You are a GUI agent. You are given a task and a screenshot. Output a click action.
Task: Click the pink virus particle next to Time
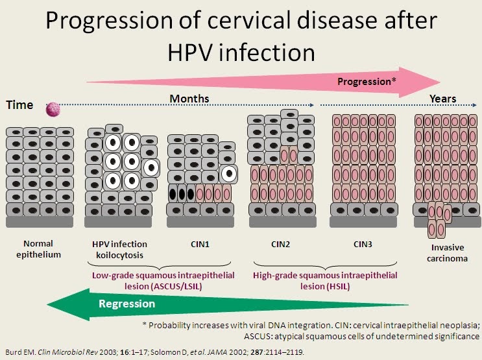point(51,110)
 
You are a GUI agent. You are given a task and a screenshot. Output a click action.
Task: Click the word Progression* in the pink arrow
point(367,82)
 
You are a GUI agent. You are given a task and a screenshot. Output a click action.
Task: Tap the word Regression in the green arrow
point(127,304)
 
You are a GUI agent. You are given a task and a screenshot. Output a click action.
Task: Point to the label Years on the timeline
point(443,99)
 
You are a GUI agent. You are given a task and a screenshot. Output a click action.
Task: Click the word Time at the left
point(19,105)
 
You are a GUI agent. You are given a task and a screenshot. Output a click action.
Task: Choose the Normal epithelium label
point(43,249)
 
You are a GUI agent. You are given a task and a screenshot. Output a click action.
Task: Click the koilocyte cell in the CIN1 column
point(228,173)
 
